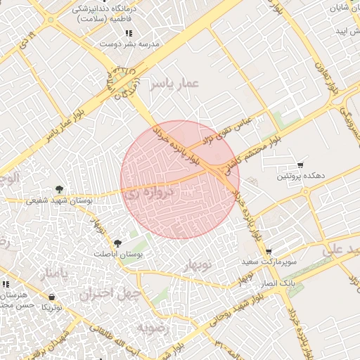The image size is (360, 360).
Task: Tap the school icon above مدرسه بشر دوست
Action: click(x=128, y=33)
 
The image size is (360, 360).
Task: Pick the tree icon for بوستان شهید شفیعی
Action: click(x=60, y=189)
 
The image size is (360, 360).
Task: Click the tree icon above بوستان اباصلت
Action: click(x=117, y=243)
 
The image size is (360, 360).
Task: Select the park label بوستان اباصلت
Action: click(x=117, y=254)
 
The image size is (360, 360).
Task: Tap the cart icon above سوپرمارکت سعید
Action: click(x=268, y=251)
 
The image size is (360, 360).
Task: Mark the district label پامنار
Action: click(x=54, y=271)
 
